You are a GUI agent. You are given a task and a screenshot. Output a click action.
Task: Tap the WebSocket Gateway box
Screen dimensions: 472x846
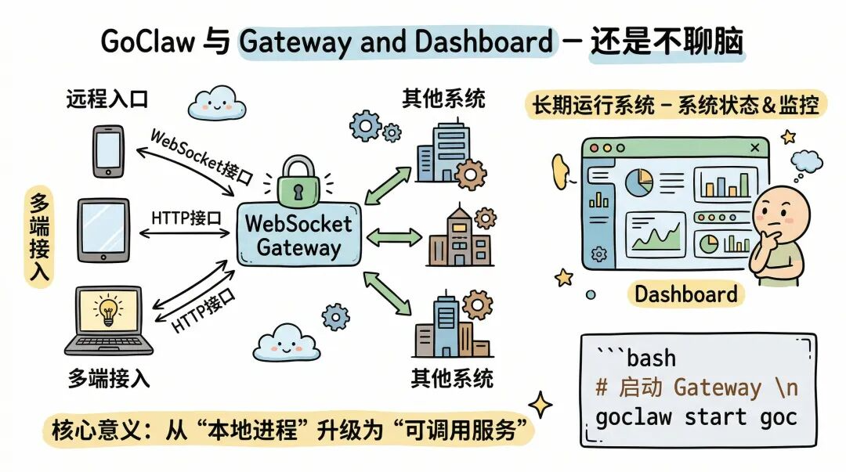(x=299, y=234)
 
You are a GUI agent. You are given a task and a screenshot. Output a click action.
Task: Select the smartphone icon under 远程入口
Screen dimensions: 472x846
(x=108, y=151)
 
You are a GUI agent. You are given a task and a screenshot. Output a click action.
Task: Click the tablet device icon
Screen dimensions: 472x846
(x=103, y=229)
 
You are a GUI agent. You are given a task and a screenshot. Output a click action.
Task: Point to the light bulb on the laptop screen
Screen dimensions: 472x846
(x=108, y=311)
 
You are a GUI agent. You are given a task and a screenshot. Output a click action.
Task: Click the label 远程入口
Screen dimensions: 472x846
(x=107, y=99)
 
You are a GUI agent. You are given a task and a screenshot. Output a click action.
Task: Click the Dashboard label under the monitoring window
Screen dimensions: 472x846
(x=685, y=294)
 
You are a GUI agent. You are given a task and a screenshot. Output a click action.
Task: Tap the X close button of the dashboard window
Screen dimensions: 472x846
(x=755, y=147)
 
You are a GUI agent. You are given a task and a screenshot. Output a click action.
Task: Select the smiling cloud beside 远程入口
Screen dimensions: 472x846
(x=216, y=102)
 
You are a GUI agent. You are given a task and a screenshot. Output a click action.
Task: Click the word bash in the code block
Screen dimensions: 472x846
(x=651, y=358)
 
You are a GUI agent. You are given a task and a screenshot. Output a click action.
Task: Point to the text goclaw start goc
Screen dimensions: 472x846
(x=696, y=417)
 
